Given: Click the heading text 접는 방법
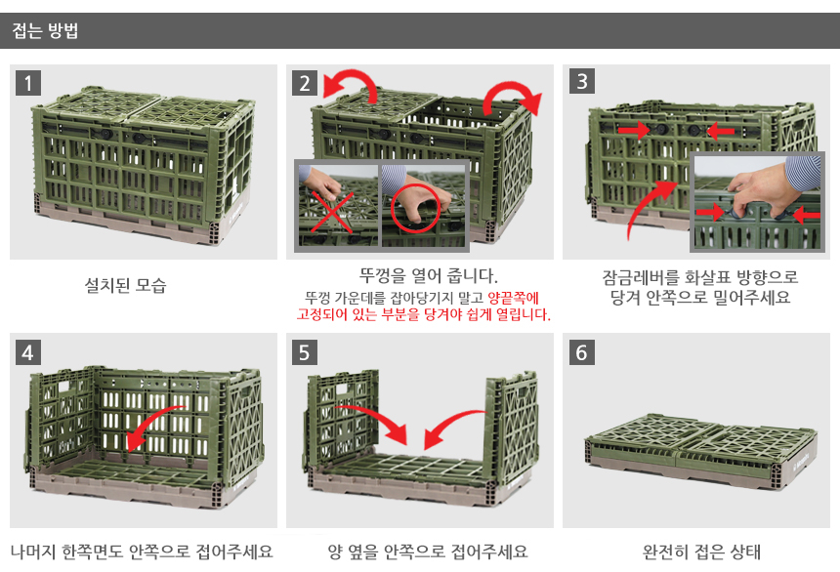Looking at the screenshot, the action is point(46,30).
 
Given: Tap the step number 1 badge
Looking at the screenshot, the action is point(28,83).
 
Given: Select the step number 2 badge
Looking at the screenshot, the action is point(305,83).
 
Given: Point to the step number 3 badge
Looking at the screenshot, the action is point(582,81).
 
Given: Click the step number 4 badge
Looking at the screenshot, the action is point(28,352).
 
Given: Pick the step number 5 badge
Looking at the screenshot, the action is point(305,352).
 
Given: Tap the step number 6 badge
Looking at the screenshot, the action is point(582,352).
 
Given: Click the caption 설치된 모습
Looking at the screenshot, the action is point(125,285).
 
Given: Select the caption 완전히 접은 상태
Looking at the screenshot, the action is point(701,552).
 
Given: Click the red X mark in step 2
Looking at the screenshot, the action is point(331,213).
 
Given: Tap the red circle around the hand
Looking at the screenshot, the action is point(416,209).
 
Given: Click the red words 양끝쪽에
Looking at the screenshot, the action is point(513,298).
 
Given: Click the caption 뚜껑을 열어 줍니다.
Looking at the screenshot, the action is point(429,276).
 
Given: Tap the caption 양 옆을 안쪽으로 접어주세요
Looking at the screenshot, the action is point(428,552).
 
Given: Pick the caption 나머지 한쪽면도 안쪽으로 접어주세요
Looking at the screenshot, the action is point(142,552).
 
